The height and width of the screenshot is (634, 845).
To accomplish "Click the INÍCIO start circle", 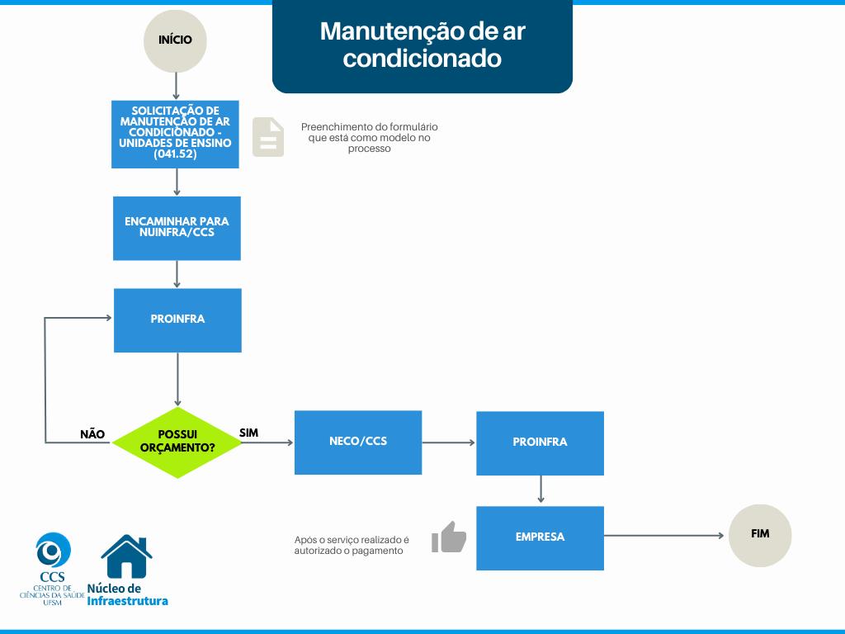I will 175,40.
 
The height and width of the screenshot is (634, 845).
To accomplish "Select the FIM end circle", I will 760,535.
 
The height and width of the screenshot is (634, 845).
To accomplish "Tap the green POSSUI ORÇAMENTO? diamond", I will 177,442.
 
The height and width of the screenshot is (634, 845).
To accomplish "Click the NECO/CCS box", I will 358,442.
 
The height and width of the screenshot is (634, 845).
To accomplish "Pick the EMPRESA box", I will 540,537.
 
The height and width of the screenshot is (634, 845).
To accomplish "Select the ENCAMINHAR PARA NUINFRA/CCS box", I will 177,228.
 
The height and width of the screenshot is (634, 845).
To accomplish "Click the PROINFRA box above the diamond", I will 177,319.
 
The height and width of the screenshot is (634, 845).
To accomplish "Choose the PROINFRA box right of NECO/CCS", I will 540,443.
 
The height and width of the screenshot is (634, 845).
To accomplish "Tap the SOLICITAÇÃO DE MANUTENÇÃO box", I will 175,135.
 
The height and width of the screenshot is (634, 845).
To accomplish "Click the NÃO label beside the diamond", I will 92,434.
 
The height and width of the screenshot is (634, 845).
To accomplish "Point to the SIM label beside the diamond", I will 248,433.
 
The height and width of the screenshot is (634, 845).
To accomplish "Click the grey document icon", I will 268,137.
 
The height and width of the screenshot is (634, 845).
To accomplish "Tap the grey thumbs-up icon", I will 449,537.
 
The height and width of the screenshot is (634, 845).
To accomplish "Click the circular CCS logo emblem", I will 53,550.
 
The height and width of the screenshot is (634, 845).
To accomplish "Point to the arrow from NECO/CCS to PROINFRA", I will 449,443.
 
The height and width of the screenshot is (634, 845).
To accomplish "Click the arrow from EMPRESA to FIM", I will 664,536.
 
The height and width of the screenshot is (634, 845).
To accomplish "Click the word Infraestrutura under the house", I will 128,601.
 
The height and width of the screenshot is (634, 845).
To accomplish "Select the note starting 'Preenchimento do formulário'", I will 369,138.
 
